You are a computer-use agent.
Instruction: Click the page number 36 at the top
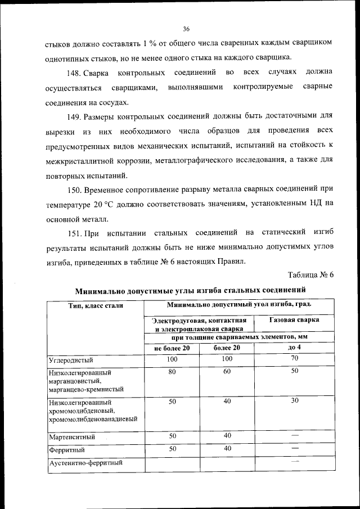tap(186, 29)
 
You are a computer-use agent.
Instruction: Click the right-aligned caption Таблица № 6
tap(310, 275)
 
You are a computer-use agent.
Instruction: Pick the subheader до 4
tap(294, 348)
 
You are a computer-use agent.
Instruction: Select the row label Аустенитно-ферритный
tap(85, 463)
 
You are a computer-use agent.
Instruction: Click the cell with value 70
tap(294, 359)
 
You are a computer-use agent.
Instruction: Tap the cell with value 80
tap(173, 372)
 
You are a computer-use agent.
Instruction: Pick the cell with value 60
tap(227, 372)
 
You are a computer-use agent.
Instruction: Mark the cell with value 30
tap(294, 402)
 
